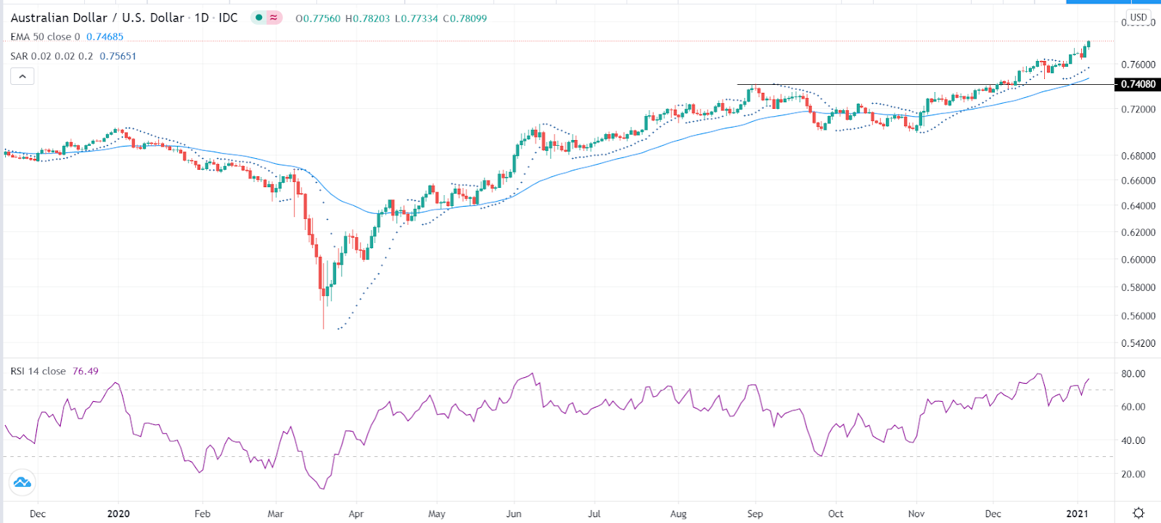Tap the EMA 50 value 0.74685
click(104, 37)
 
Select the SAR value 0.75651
click(118, 56)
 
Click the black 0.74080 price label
click(1137, 84)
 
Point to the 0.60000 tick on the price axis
click(1138, 260)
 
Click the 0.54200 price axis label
click(1138, 343)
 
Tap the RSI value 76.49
click(85, 371)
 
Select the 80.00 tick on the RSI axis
click(1133, 374)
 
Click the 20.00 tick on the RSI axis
click(1133, 474)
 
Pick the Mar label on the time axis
click(275, 514)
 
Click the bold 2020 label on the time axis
click(118, 514)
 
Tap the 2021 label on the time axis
click(1077, 514)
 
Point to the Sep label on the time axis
click(755, 514)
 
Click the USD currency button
click(1139, 17)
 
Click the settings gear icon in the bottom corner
click(1139, 513)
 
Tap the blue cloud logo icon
click(22, 482)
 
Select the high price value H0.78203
click(367, 18)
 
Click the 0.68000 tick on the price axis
click(1138, 156)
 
